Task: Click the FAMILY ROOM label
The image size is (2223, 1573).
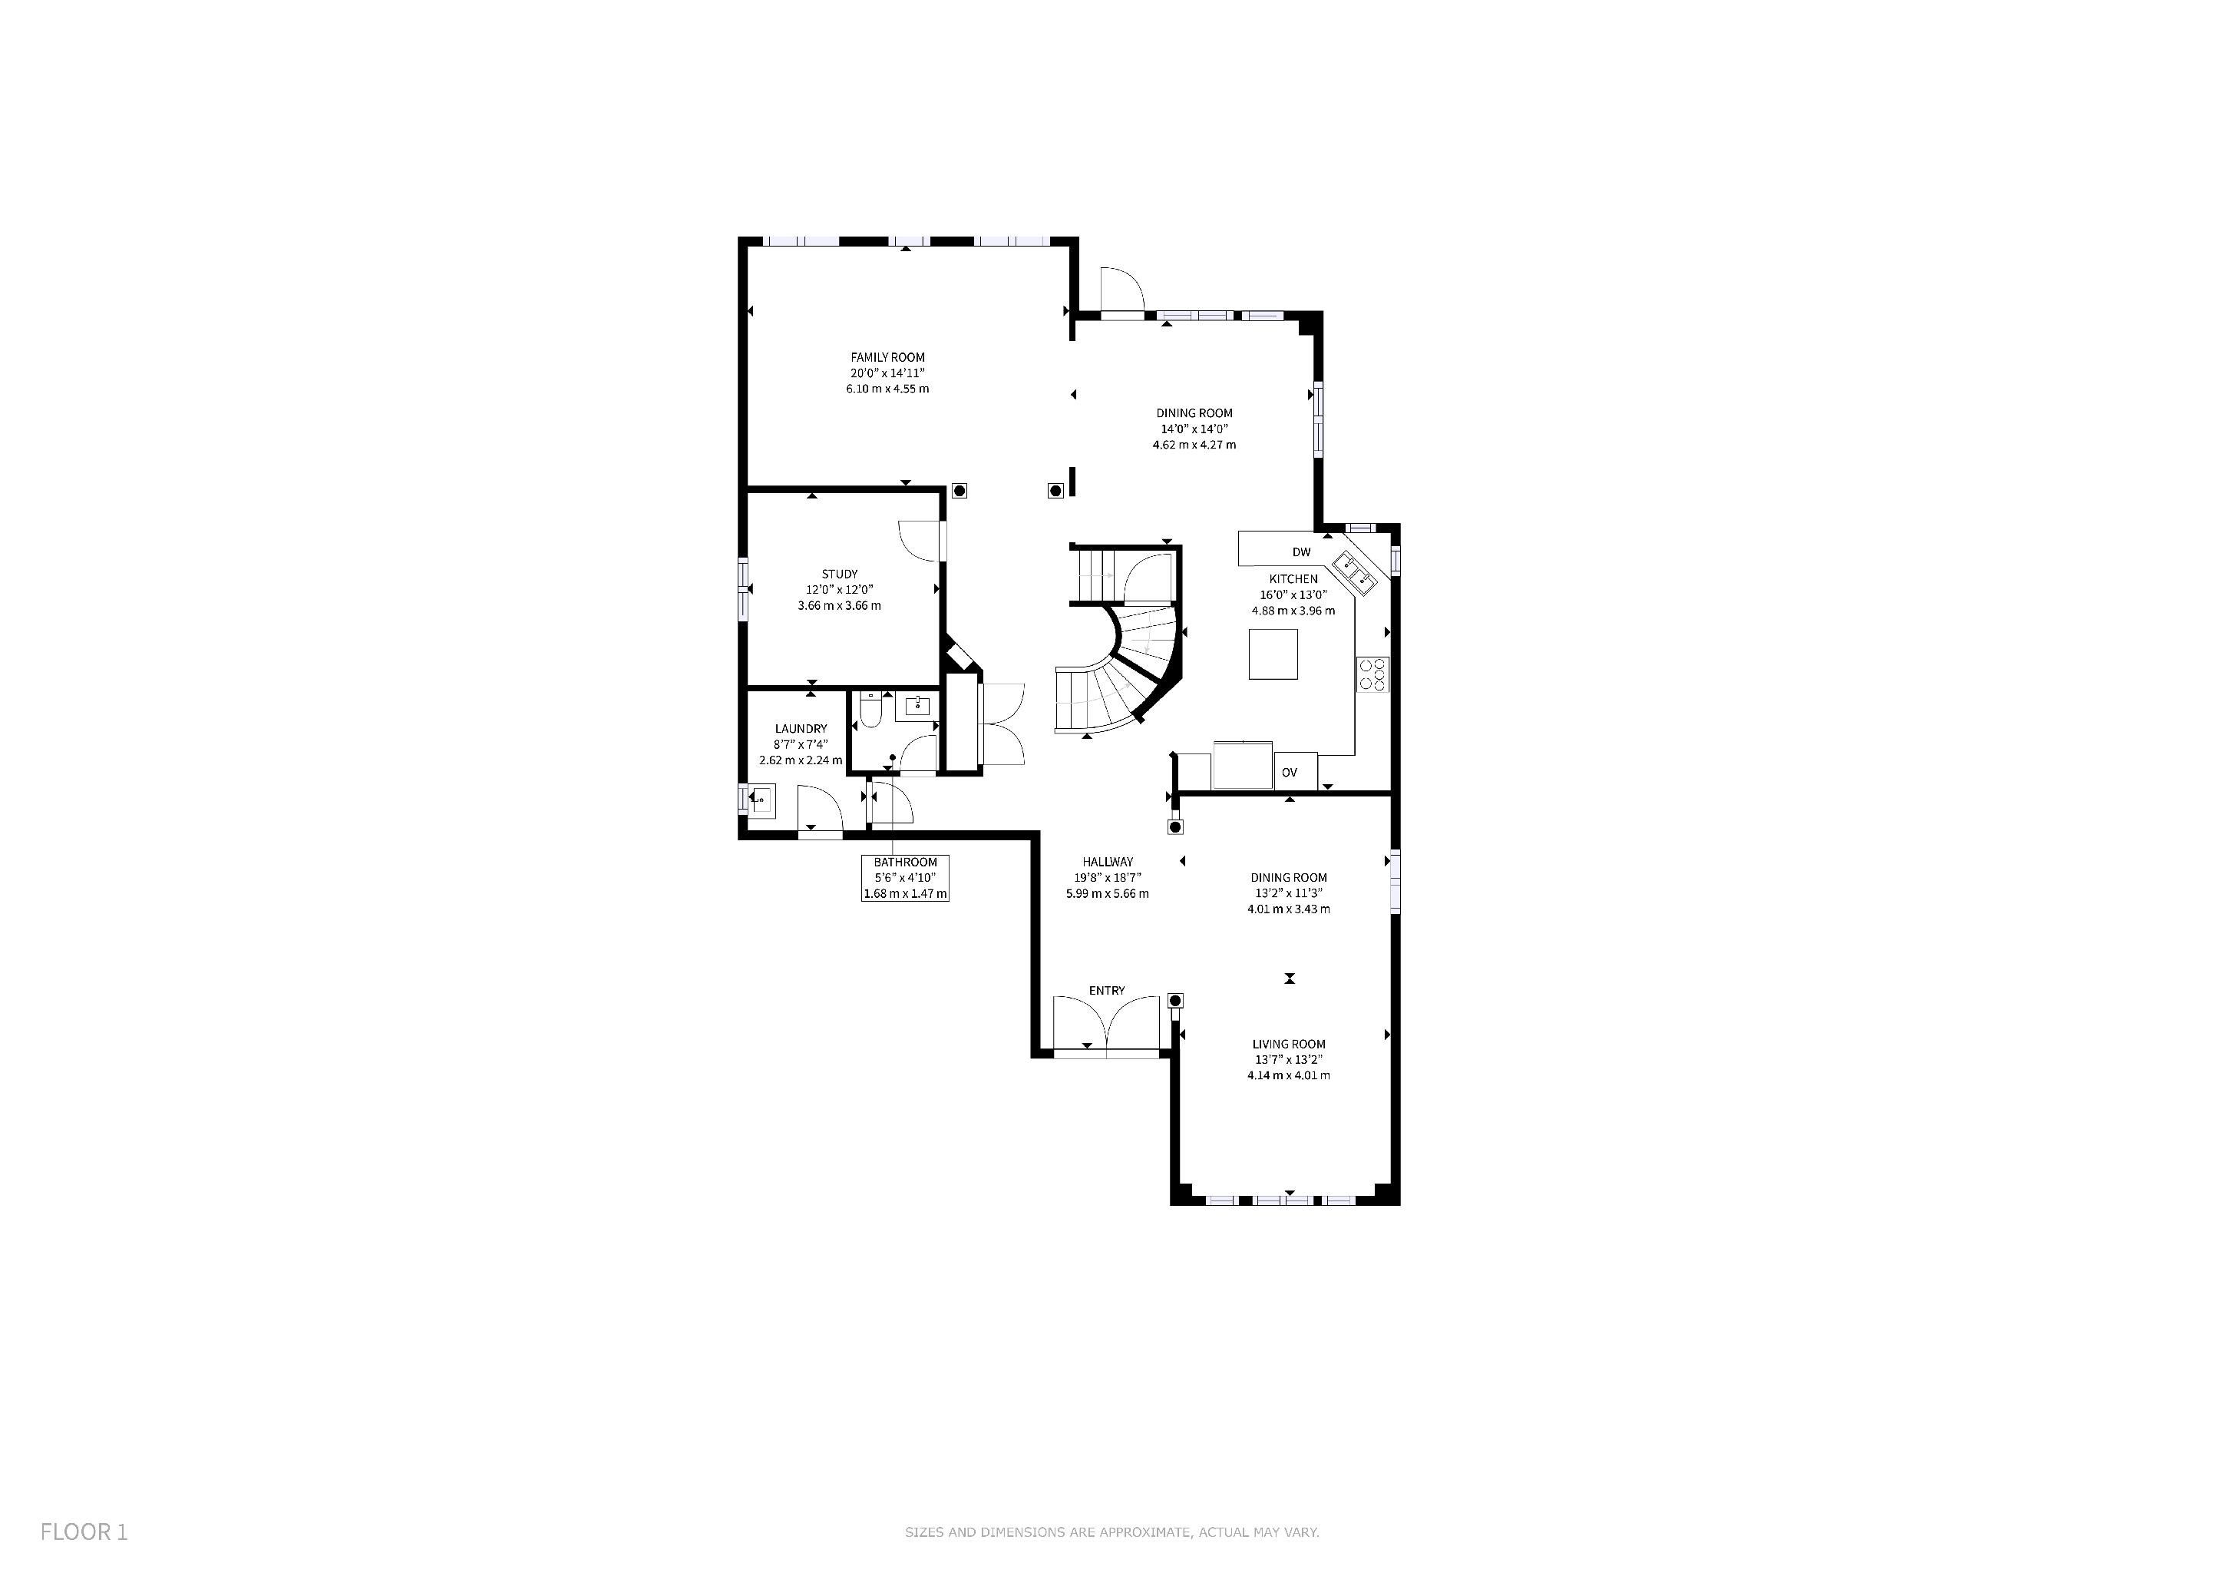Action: tap(888, 357)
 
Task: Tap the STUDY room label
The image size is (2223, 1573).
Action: tap(840, 575)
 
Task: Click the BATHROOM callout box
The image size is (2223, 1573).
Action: tap(905, 878)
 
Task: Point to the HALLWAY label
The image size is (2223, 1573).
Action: tap(1108, 862)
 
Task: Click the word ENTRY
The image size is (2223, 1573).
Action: tap(1107, 991)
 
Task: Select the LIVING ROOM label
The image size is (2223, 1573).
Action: tap(1289, 1044)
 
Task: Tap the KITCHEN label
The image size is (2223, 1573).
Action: tap(1293, 579)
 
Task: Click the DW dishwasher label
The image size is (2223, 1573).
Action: tap(1301, 552)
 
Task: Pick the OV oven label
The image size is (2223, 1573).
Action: tap(1289, 773)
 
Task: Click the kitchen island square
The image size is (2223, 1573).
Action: tap(1273, 654)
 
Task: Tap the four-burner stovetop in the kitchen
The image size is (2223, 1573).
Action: tap(1372, 673)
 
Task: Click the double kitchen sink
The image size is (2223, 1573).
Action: tap(1357, 571)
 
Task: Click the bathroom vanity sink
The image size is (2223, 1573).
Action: tap(917, 706)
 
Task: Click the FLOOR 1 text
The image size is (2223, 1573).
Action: tap(84, 1532)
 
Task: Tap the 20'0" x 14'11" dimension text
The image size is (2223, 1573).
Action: tap(888, 373)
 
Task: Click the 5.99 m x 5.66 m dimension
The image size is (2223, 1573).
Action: tap(1108, 894)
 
